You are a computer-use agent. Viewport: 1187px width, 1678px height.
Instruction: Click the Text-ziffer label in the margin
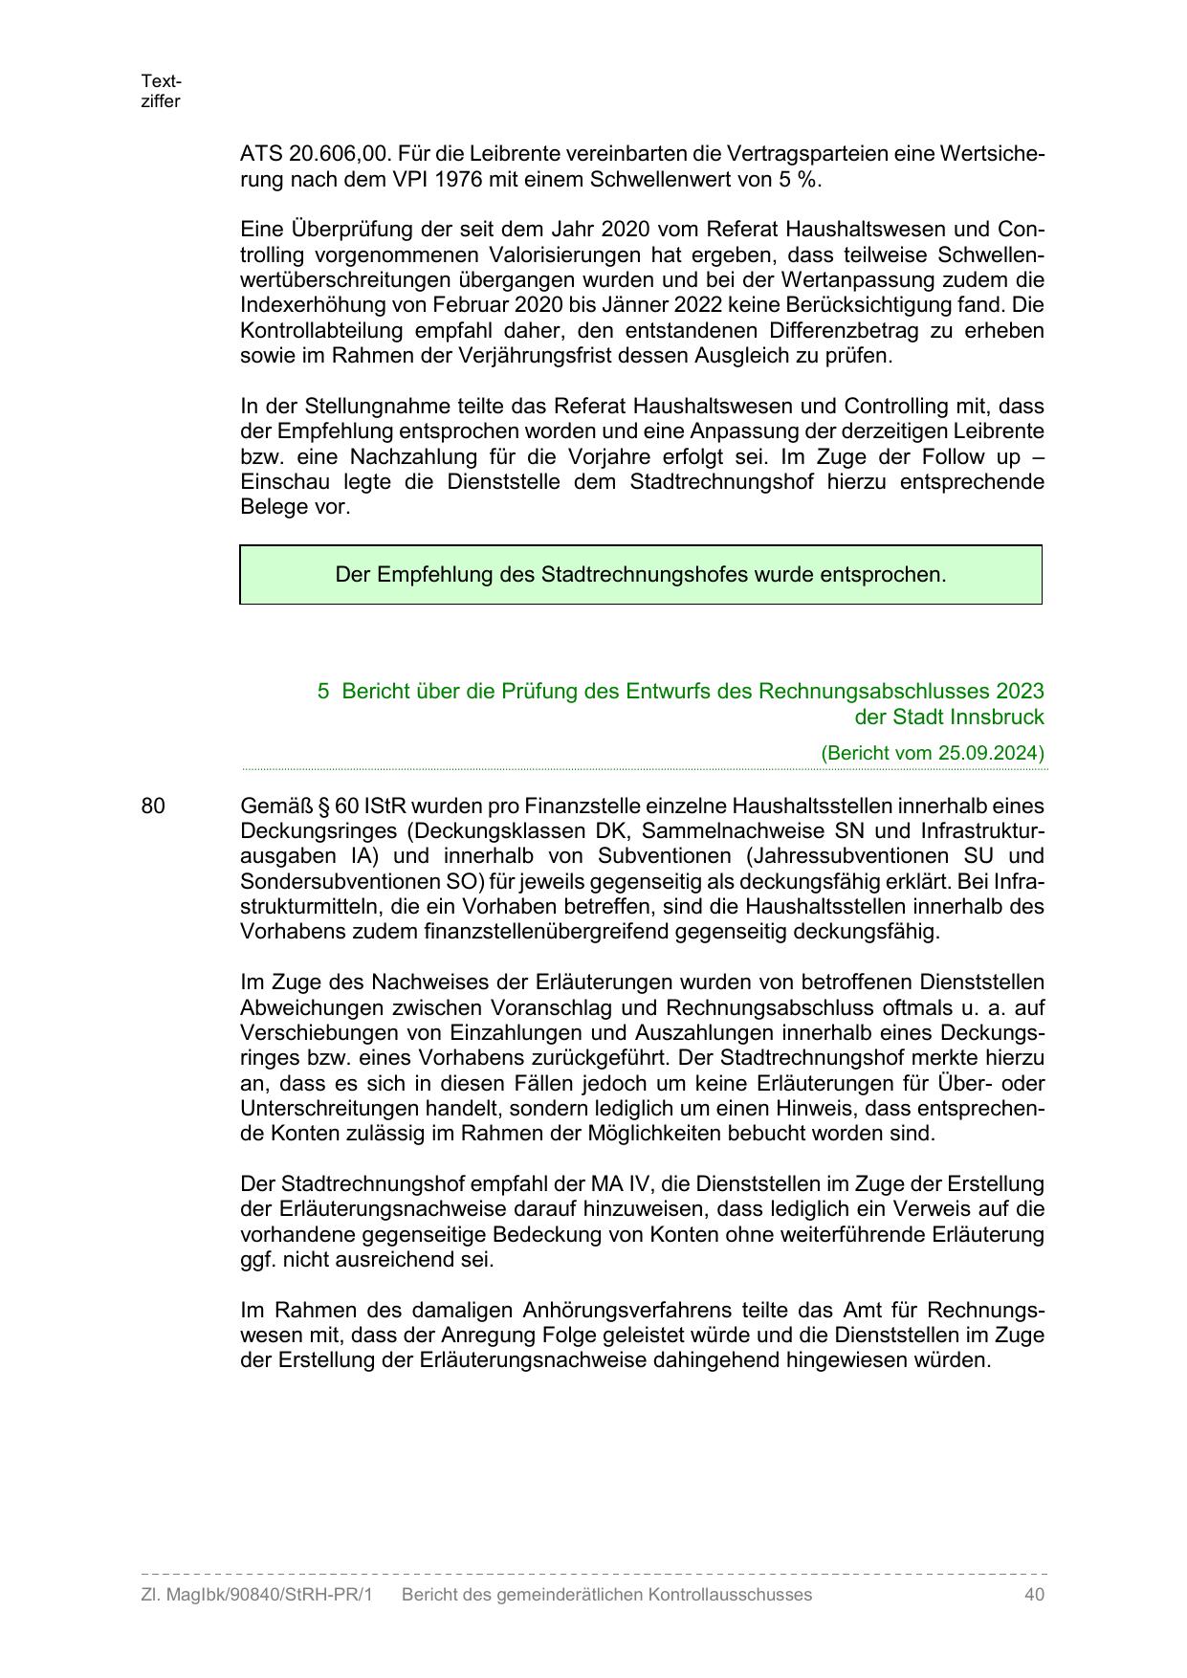click(161, 91)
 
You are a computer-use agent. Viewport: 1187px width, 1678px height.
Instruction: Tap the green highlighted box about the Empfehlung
click(640, 575)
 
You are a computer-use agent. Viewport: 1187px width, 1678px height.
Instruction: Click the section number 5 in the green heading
click(323, 691)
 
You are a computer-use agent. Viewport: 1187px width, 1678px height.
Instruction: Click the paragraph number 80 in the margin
click(153, 806)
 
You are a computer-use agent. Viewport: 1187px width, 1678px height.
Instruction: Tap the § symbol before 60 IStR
click(322, 806)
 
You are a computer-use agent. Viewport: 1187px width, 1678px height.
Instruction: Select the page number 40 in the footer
click(1033, 1595)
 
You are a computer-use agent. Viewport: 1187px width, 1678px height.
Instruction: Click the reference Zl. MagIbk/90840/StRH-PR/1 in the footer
click(255, 1595)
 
